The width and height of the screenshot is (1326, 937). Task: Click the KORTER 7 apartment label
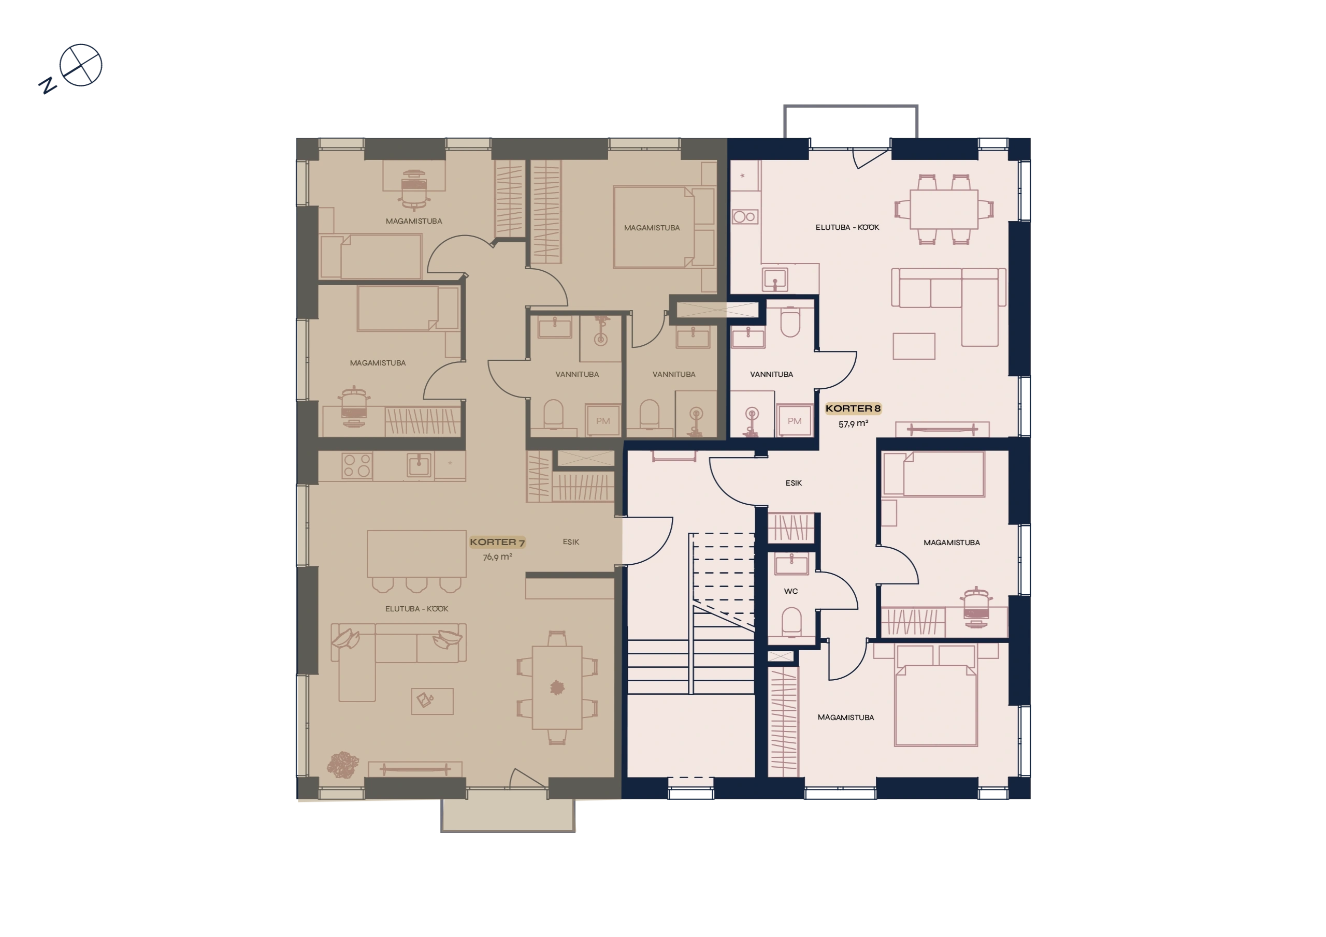point(497,542)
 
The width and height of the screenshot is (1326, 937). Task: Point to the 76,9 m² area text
point(497,557)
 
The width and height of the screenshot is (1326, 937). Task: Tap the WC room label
point(790,591)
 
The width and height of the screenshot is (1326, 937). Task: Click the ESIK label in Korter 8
point(794,483)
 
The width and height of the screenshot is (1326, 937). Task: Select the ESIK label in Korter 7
point(571,542)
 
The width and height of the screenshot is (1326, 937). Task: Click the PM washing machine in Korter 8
point(795,421)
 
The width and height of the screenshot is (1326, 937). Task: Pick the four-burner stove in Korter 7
point(357,466)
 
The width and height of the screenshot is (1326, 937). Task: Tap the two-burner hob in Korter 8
point(745,217)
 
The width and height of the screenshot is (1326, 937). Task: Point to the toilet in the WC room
point(791,622)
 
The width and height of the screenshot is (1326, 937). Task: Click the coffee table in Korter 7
point(432,701)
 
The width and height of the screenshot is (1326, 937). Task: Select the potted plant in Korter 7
point(343,765)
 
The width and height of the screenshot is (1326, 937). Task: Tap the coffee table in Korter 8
point(914,346)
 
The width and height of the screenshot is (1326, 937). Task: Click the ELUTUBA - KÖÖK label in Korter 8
point(847,227)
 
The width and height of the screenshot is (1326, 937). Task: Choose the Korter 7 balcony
point(508,815)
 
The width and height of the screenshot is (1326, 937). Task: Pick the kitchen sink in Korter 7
point(419,465)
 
